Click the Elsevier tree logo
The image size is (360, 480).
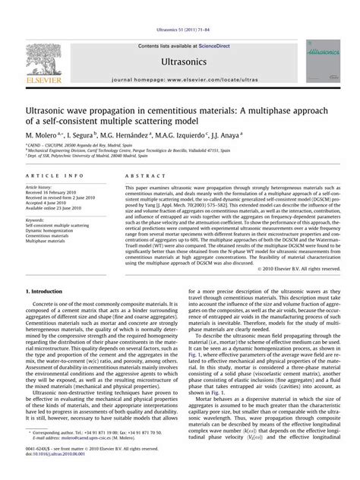point(47,60)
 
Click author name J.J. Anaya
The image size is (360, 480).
point(244,133)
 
